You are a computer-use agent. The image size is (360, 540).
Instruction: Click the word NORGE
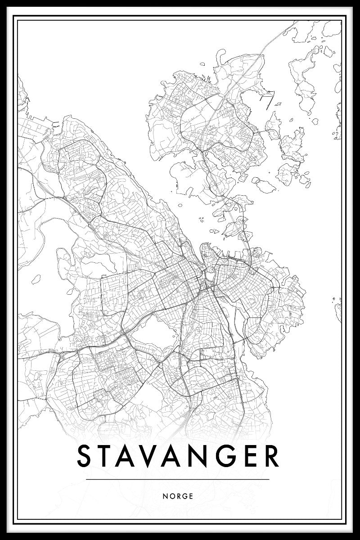tap(179, 496)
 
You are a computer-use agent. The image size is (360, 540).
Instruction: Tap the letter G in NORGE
tap(185, 496)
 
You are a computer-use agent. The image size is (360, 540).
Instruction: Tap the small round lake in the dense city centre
tap(209, 274)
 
